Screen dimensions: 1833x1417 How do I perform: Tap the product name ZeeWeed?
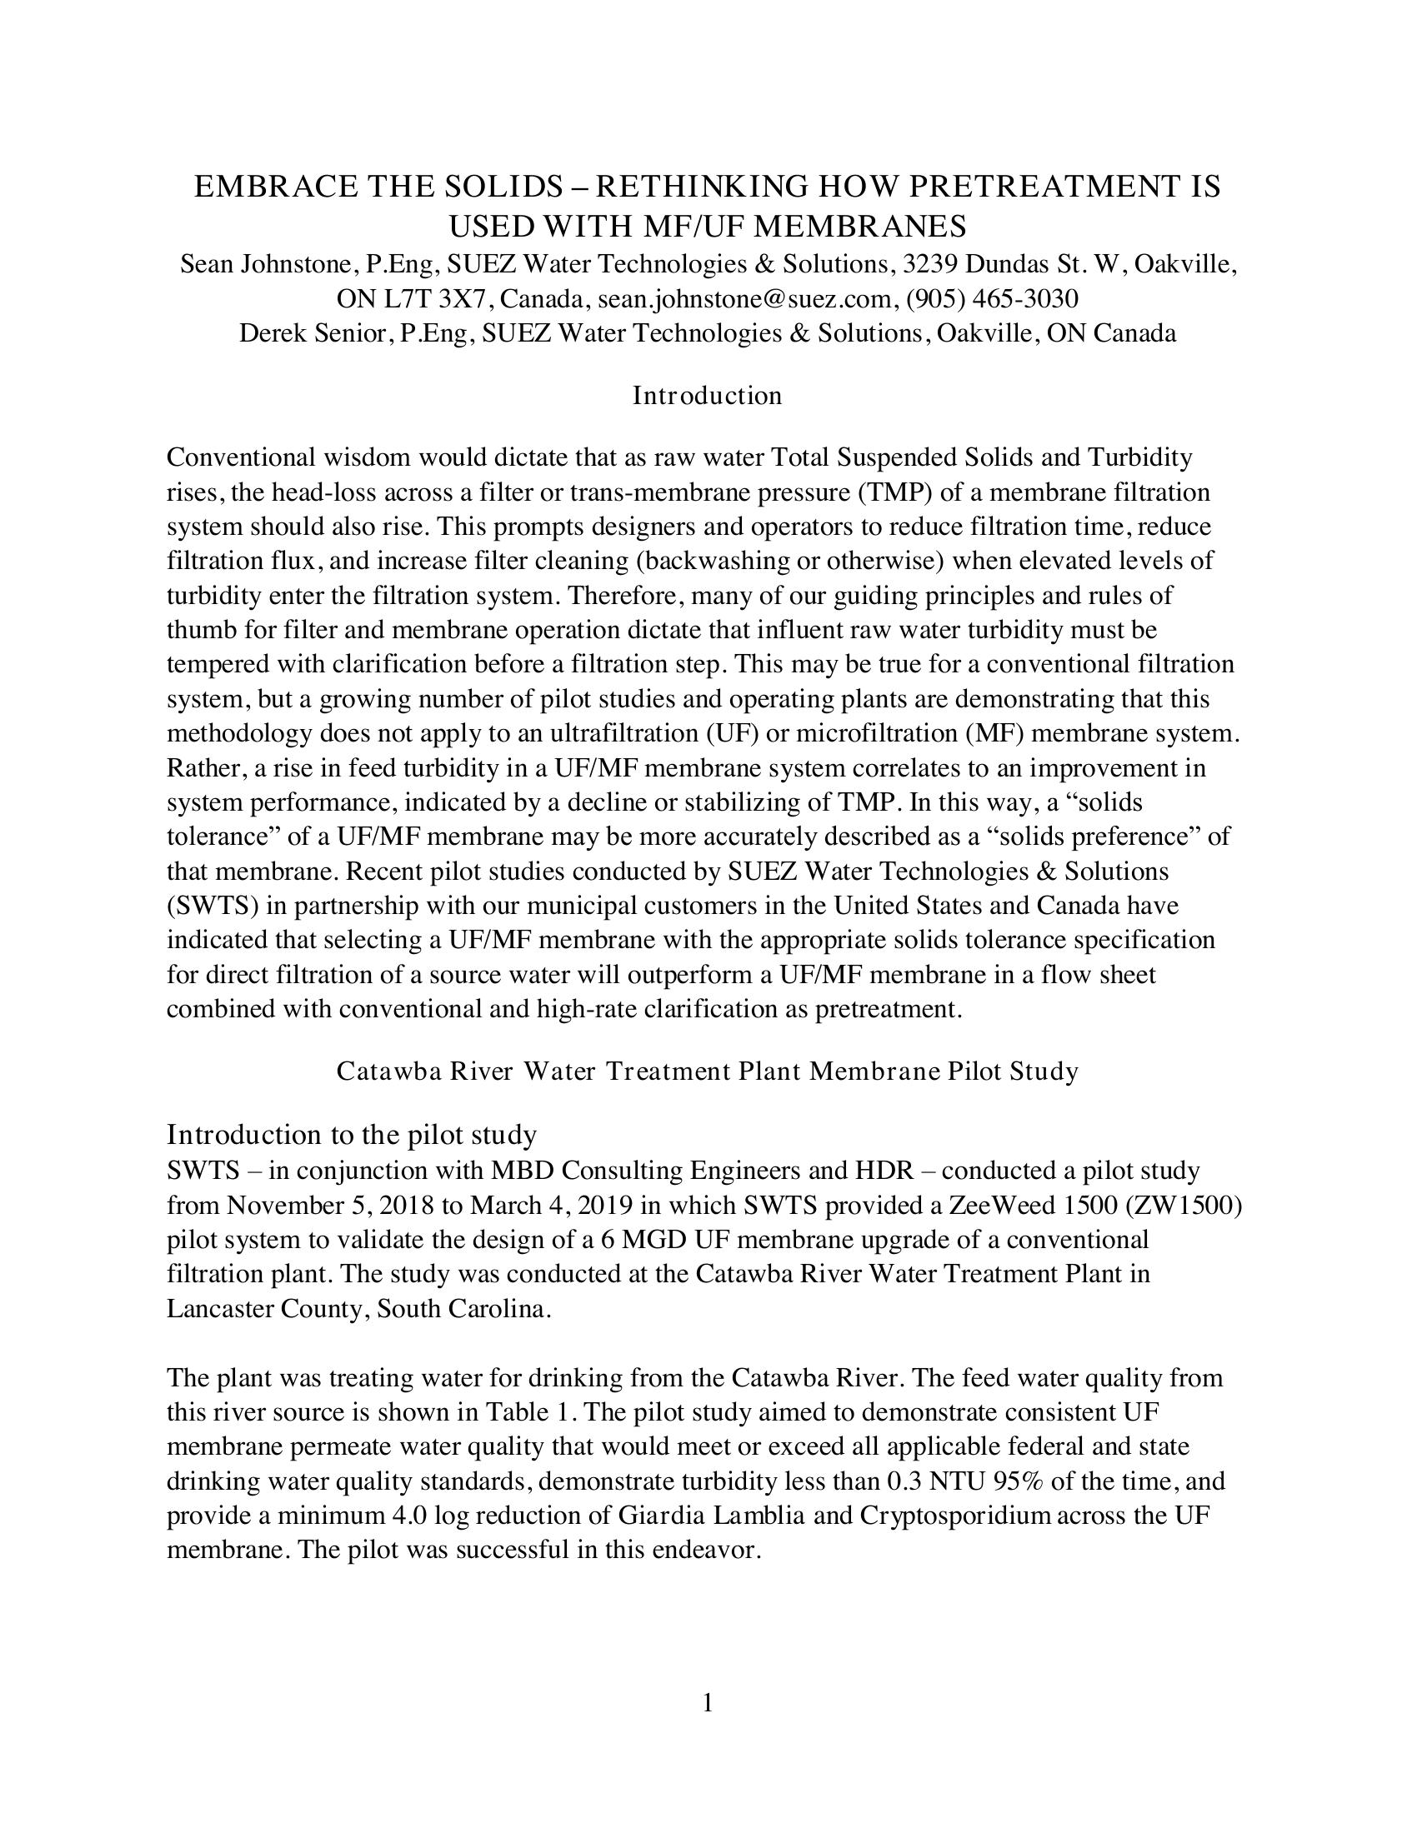pos(1000,1206)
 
